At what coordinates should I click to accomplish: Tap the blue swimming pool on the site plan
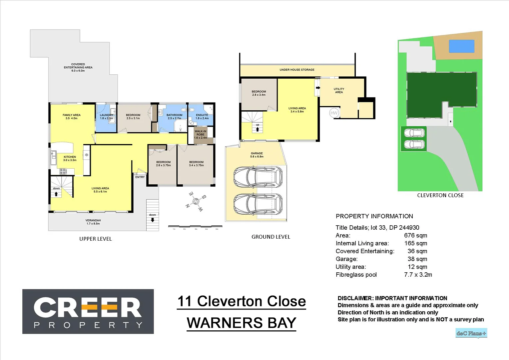(461, 46)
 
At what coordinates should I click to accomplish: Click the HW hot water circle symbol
(334, 113)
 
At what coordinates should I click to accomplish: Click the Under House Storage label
(297, 70)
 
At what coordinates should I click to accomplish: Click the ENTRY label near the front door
(140, 177)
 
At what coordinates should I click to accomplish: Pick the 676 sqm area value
(415, 235)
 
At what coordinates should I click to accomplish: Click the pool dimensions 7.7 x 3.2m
(418, 275)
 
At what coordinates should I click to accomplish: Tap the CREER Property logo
(88, 311)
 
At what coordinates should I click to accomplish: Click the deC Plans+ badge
(471, 333)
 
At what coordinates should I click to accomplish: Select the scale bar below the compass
(195, 227)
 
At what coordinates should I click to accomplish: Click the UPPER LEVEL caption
(95, 239)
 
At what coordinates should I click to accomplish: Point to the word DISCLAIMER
(355, 298)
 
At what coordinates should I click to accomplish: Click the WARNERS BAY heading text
(241, 323)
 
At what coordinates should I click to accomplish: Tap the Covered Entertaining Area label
(78, 67)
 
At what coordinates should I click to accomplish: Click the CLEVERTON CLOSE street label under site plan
(440, 195)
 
